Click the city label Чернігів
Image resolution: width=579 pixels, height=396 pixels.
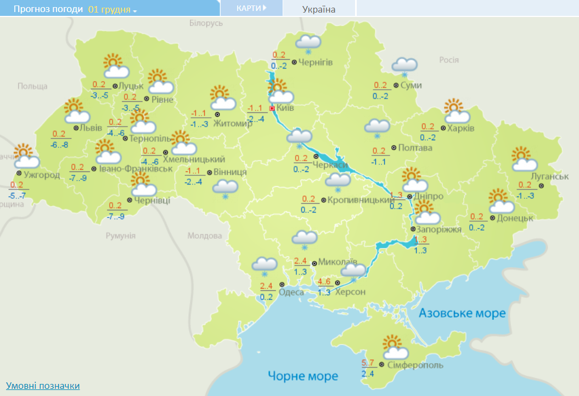pos(316,62)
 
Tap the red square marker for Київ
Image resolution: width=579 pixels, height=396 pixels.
pos(272,108)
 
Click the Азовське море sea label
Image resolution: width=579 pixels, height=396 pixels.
pos(462,313)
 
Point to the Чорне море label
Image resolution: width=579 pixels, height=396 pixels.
pos(303,376)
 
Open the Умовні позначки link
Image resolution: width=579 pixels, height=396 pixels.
pos(43,386)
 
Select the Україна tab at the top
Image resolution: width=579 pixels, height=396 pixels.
pos(319,9)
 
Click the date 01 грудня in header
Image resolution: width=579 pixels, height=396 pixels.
pos(113,9)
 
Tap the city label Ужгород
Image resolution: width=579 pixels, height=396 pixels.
pos(41,175)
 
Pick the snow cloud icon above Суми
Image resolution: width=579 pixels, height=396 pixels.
pos(404,67)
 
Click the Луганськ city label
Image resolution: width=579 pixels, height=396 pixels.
pos(549,176)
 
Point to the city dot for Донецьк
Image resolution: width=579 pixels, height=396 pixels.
pos(492,218)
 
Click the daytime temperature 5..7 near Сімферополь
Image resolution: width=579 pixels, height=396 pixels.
pos(368,363)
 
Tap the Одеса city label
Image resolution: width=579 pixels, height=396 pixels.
pos(291,292)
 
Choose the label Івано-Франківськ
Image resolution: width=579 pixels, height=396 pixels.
pos(132,168)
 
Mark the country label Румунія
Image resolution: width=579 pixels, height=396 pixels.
pos(121,236)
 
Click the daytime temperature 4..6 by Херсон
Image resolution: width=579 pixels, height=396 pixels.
pos(324,282)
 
